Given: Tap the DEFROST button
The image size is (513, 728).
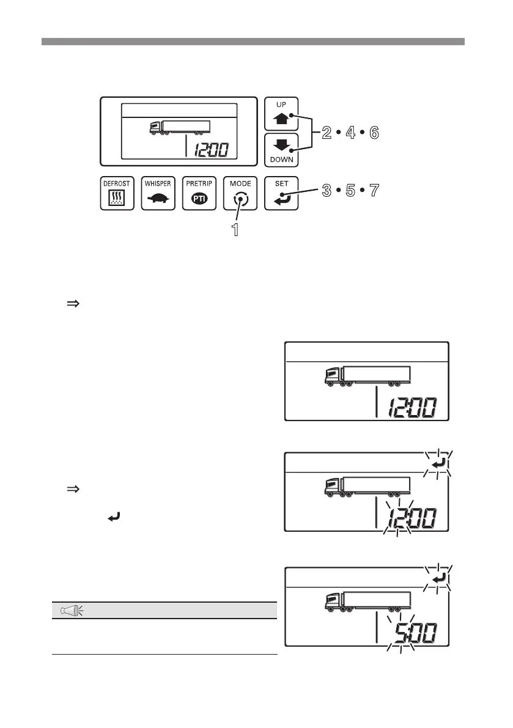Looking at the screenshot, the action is pos(116,193).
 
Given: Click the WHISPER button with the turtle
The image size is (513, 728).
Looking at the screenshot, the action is pos(158,193).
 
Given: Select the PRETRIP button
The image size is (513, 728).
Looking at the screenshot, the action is pos(199,193).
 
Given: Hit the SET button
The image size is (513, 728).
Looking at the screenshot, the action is pos(281,193).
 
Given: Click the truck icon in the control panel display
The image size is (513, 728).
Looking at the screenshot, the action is pos(180,127).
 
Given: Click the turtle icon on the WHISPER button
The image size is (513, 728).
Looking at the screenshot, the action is pos(158,199).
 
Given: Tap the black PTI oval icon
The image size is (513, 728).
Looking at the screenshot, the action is pos(199,199).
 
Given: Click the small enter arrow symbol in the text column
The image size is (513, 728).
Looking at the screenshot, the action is pos(113,517).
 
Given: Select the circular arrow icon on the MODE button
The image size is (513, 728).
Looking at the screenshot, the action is pos(240,199).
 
